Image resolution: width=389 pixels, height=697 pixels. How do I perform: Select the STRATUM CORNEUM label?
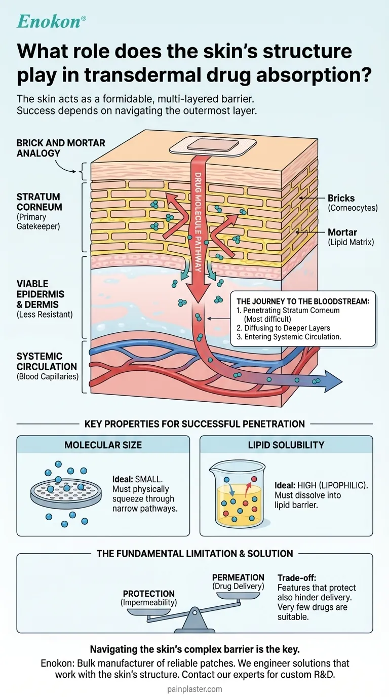click(x=38, y=202)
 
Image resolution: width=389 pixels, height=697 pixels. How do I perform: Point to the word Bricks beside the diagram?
click(x=341, y=198)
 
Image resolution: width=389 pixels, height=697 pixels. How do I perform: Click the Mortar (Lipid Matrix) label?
click(x=350, y=237)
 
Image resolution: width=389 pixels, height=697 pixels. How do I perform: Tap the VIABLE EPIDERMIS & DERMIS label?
click(x=37, y=294)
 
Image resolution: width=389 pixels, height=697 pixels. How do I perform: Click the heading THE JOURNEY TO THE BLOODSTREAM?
click(x=302, y=301)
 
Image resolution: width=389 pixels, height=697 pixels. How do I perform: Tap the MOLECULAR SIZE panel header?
click(x=103, y=445)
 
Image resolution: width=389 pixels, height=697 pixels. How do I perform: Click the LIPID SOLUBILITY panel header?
click(x=286, y=445)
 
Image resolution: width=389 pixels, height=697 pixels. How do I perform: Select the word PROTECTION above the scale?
click(x=149, y=594)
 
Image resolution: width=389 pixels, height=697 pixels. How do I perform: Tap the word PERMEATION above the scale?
click(x=238, y=577)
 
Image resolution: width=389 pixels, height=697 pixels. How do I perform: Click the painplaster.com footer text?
click(x=194, y=689)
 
